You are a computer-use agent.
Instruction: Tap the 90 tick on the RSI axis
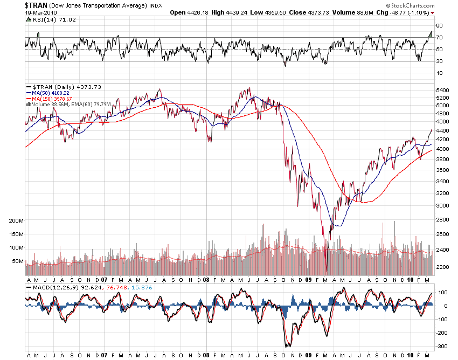(x=439, y=25)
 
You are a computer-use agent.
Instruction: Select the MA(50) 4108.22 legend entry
(x=50, y=92)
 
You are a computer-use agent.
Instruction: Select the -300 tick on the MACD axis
(x=441, y=347)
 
